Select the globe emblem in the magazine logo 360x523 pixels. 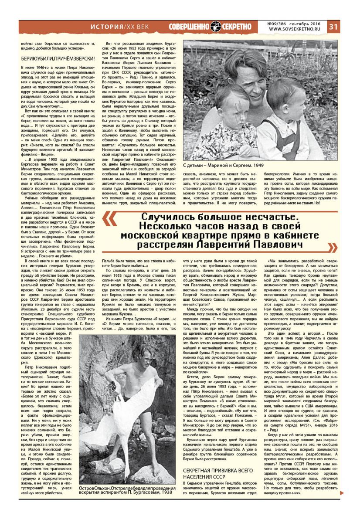point(216,27)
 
